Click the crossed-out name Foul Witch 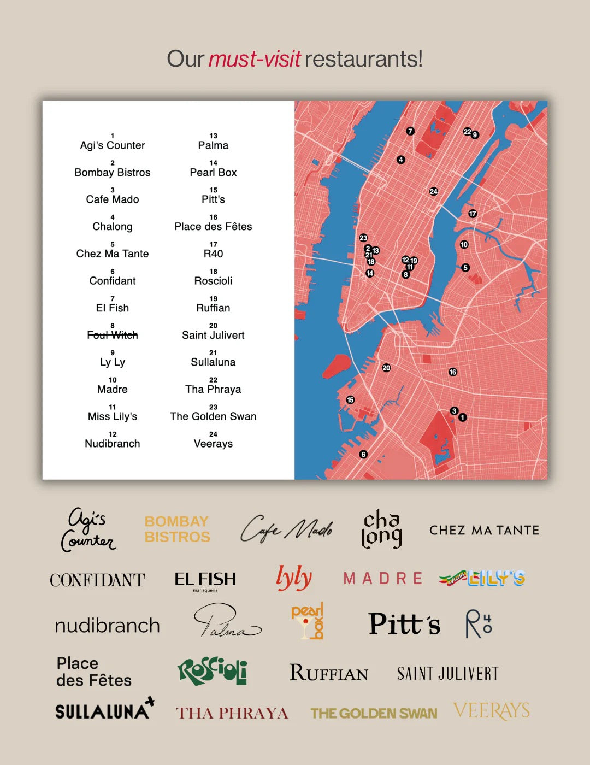(x=113, y=335)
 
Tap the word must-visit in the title (x=254, y=59)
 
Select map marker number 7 (x=410, y=131)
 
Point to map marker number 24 (x=434, y=191)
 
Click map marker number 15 (x=350, y=400)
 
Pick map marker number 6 (x=363, y=454)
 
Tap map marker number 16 (x=453, y=372)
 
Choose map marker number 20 (x=386, y=368)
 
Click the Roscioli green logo (x=213, y=671)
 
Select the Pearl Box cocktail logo (x=308, y=621)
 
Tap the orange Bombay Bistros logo (x=177, y=529)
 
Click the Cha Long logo (x=381, y=529)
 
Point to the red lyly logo (x=294, y=578)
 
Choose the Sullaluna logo (x=104, y=709)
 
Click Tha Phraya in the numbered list (x=213, y=389)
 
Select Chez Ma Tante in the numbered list (x=113, y=254)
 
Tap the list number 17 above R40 (x=213, y=244)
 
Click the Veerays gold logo (x=491, y=711)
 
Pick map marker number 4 (x=401, y=160)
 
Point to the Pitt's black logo (x=404, y=624)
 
